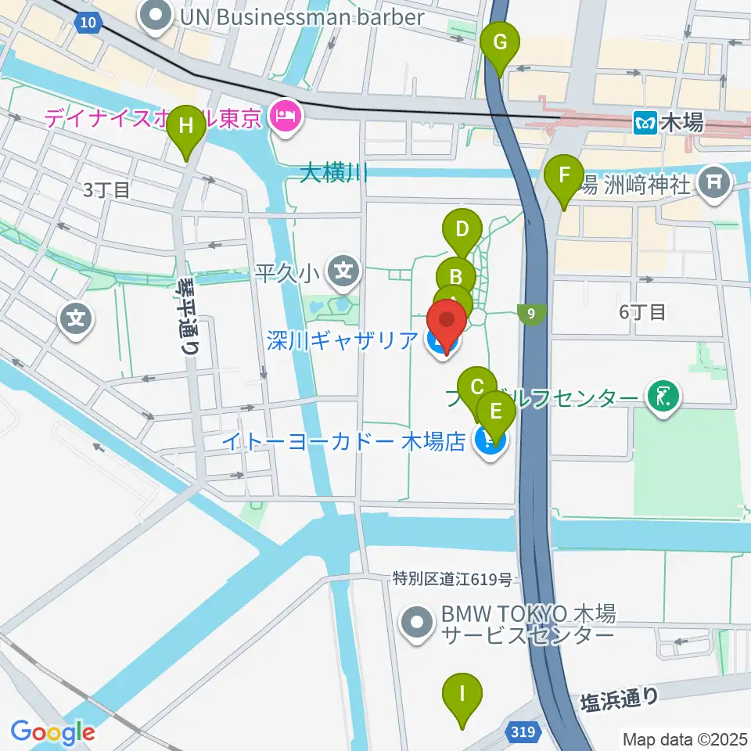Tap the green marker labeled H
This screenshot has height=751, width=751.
(186, 128)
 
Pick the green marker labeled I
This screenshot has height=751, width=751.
(462, 695)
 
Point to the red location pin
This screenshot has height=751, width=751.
(446, 325)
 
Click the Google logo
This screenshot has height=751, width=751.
(52, 732)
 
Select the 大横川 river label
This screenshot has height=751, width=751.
(334, 173)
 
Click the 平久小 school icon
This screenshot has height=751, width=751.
(343, 272)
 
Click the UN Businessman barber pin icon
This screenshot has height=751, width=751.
(157, 16)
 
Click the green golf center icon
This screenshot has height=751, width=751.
(662, 398)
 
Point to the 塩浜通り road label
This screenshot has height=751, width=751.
(620, 701)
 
